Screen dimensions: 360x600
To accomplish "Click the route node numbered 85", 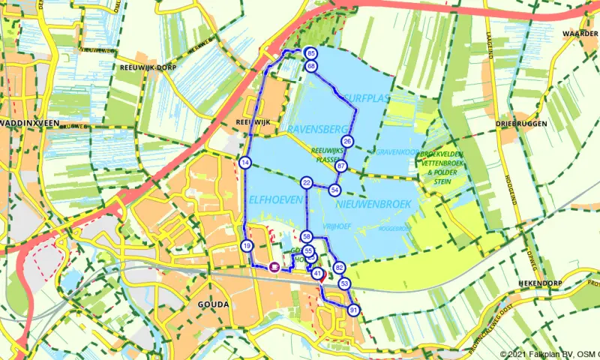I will tap(311, 54).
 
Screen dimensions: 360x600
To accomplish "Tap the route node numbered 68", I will tap(311, 67).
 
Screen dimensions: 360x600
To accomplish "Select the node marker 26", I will tap(346, 141).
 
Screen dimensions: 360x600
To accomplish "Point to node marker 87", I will tap(341, 166).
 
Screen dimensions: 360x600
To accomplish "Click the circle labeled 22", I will tap(307, 183).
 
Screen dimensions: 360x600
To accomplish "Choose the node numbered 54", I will tap(334, 190).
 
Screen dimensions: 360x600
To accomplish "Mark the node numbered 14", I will tap(245, 163).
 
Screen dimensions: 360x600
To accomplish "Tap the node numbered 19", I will tap(247, 246).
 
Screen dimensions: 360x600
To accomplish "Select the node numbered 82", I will tap(339, 268).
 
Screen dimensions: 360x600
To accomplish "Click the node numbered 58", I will tap(307, 237).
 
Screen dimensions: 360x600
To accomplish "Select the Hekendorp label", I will tap(540, 283).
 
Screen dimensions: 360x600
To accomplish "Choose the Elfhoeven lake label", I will tap(274, 200).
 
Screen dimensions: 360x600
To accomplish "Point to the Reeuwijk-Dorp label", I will tap(147, 67).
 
